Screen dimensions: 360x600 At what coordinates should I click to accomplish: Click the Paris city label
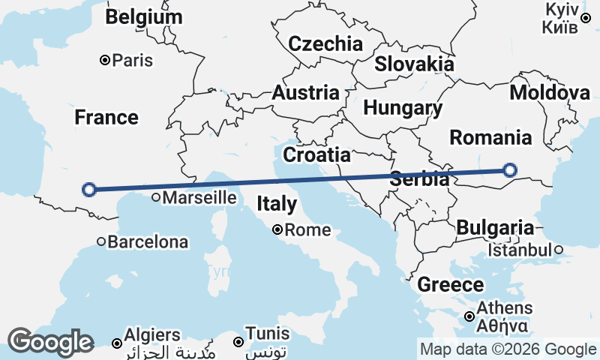[x=132, y=60]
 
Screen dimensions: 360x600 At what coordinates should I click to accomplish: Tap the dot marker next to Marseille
[x=155, y=198]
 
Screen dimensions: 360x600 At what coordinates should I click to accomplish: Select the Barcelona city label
[x=148, y=242]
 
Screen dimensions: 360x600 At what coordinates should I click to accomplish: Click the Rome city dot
[x=277, y=229]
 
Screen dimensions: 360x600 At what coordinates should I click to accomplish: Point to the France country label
[x=106, y=118]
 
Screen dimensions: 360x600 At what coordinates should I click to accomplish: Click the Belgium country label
[x=143, y=17]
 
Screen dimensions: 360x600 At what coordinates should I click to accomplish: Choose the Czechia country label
[x=325, y=43]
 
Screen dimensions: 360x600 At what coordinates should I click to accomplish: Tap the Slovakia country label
[x=414, y=64]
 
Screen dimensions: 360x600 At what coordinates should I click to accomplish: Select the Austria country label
[x=305, y=93]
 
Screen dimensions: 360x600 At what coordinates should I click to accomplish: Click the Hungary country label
[x=403, y=108]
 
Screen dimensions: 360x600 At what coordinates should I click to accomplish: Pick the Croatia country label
[x=316, y=155]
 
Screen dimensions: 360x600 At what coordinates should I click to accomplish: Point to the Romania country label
[x=490, y=137]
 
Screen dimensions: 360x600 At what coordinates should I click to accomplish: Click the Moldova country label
[x=550, y=93]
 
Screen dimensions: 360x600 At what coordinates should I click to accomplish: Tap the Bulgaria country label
[x=495, y=227]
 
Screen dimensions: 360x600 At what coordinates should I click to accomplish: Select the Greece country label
[x=450, y=285]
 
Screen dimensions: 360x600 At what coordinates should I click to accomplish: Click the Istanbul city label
[x=520, y=250]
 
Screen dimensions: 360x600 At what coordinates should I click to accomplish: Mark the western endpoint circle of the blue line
[x=88, y=189]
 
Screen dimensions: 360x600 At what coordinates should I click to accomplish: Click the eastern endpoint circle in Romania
[x=510, y=170]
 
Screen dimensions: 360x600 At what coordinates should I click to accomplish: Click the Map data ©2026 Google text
[x=508, y=349]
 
